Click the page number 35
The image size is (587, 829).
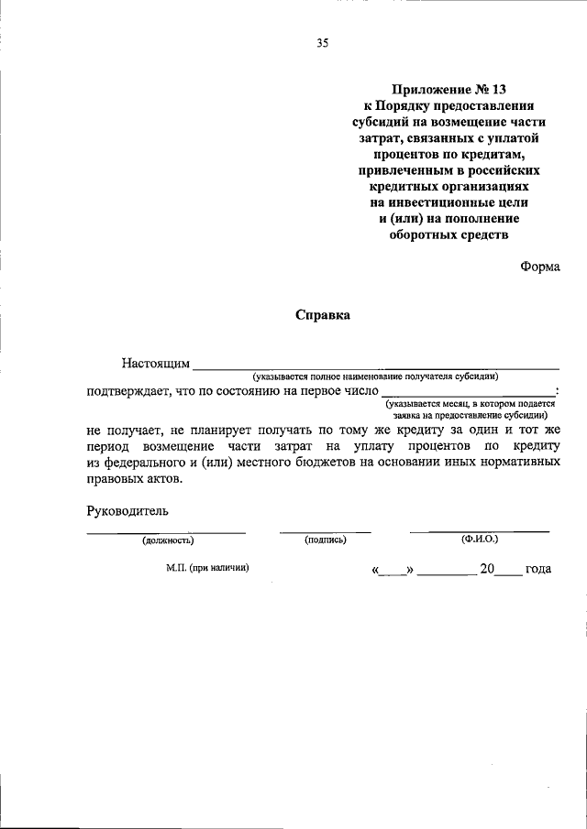322,42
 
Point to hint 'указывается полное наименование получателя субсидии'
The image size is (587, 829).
376,376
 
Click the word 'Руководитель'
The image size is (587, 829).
127,510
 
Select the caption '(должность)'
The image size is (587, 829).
167,541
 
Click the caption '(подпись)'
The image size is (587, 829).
325,541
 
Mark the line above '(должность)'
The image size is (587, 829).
166,532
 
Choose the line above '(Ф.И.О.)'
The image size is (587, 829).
480,531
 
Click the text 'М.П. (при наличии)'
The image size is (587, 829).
208,568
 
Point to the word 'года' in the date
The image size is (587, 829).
538,569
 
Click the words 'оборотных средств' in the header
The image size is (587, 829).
449,234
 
